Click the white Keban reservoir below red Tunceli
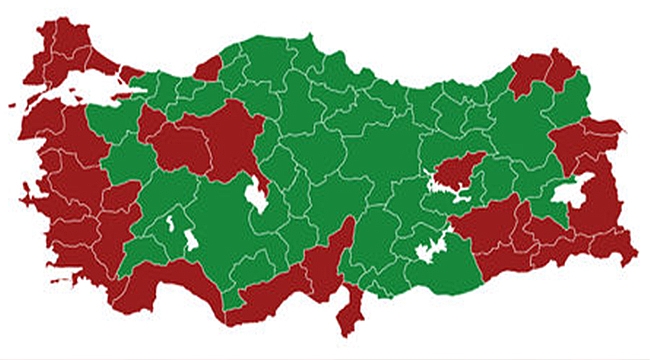pyautogui.click(x=445, y=186)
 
